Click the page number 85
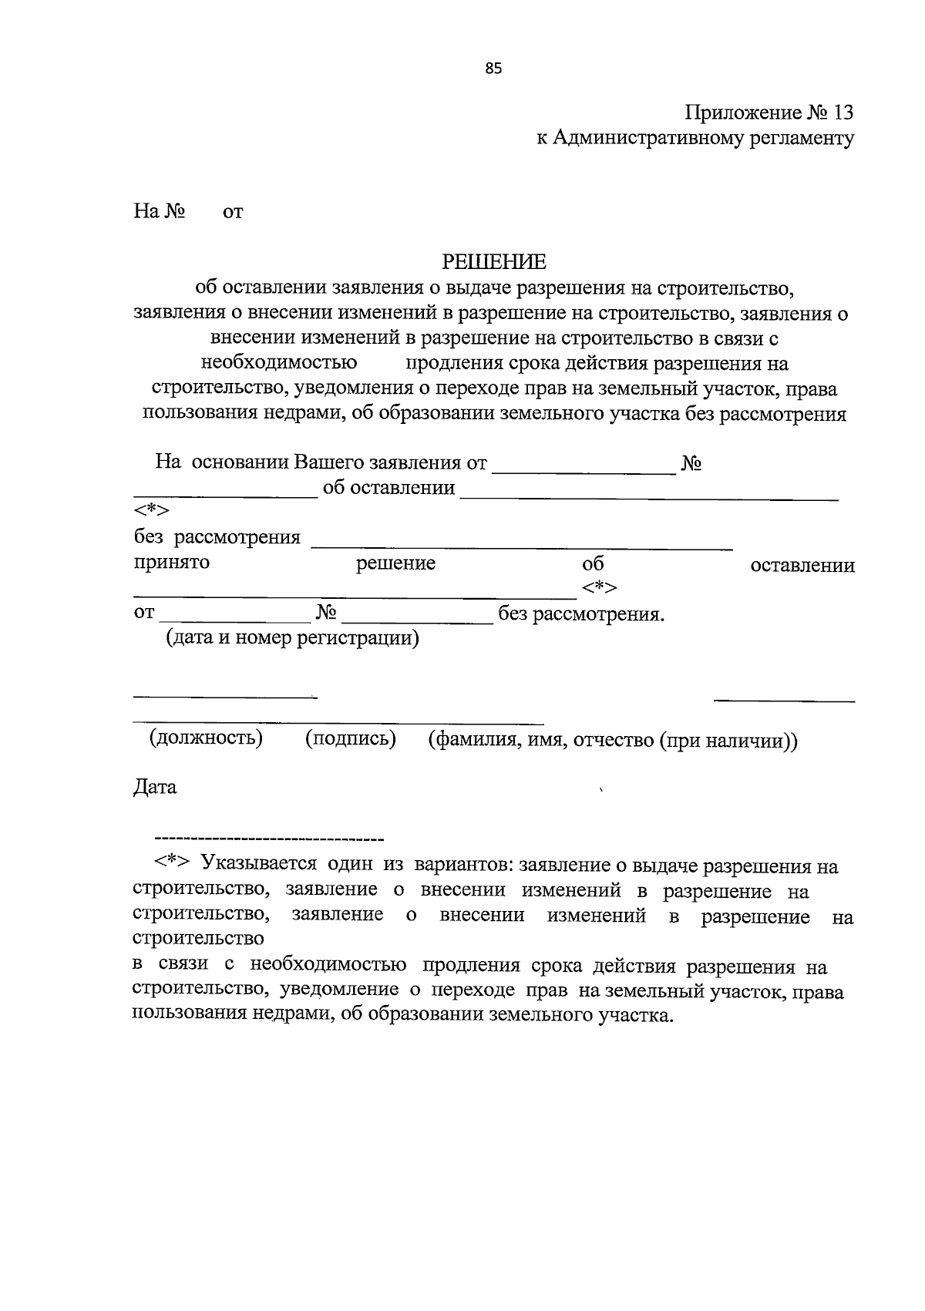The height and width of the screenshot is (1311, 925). pos(493,69)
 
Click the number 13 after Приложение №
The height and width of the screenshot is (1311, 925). pos(843,113)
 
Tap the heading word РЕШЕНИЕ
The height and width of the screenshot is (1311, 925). pos(493,262)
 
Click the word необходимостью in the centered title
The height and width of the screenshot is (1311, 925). pos(278,363)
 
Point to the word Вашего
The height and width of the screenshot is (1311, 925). pos(329,463)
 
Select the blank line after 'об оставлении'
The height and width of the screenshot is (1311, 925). pos(648,499)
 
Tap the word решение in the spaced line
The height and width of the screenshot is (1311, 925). pos(395,563)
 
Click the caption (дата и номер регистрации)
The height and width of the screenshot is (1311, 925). pos(293,638)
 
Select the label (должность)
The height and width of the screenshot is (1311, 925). pos(206,738)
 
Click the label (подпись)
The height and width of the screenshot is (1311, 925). pos(351,738)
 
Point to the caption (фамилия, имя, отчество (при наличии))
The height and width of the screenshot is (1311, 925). pos(613,741)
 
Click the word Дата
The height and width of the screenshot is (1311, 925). pos(155,788)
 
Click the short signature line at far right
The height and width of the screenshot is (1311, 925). pos(784,701)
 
